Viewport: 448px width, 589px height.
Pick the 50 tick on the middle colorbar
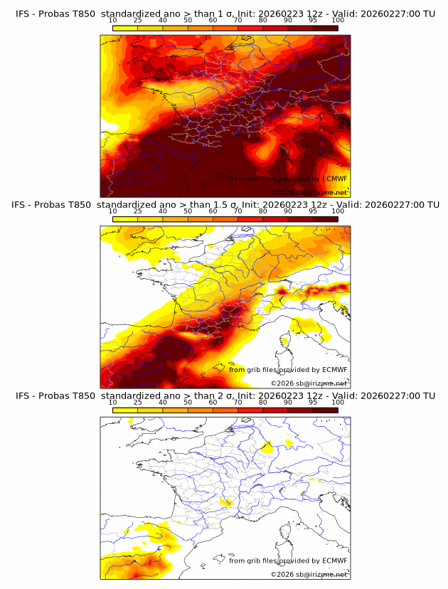tap(188, 211)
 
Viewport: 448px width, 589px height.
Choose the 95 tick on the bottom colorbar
tap(313, 402)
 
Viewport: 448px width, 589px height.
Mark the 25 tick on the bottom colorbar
tap(138, 402)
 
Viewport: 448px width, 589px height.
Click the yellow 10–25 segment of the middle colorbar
tap(125, 219)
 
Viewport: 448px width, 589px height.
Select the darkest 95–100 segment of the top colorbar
tap(325, 28)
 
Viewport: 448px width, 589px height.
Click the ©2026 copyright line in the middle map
tap(309, 383)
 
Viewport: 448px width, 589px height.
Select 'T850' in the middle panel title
tap(81, 205)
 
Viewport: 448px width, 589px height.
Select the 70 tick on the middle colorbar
tap(238, 211)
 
